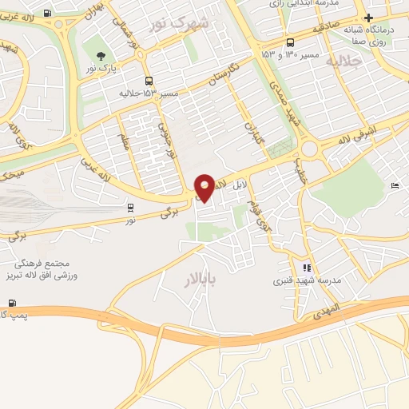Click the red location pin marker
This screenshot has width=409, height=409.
(205, 187)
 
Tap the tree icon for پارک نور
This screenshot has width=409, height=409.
(101, 55)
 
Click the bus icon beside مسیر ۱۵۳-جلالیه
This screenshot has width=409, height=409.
(149, 81)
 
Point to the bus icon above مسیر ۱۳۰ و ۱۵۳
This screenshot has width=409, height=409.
(289, 42)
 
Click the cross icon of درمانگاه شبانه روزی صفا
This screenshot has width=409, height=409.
(367, 18)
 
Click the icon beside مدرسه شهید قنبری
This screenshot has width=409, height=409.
(306, 268)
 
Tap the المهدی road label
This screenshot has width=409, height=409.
(326, 308)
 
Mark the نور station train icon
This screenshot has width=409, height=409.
(130, 208)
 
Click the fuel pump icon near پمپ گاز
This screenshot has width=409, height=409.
(12, 303)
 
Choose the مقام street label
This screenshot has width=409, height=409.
(124, 142)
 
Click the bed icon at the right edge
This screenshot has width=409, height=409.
(395, 186)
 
